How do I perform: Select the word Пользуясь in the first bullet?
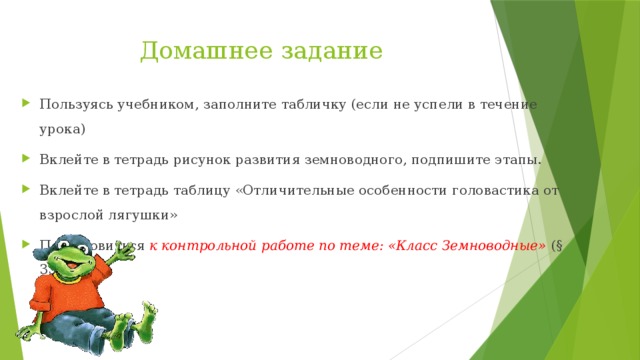[x=72, y=104]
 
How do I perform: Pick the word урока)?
[x=62, y=128]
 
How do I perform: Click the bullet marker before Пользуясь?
[x=28, y=105]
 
